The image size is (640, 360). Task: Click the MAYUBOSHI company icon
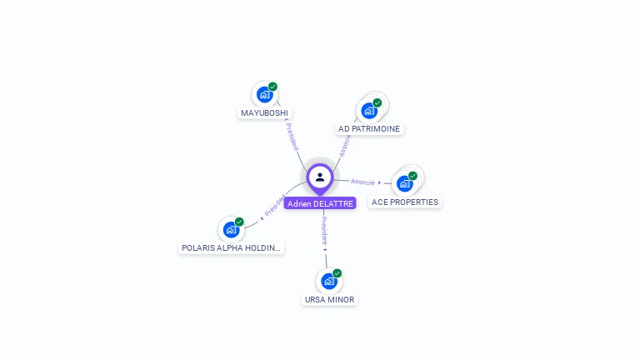(264, 94)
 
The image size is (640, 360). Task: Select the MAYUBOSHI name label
(266, 112)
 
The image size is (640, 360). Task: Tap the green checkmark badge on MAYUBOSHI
(272, 87)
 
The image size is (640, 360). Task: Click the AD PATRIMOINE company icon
(369, 110)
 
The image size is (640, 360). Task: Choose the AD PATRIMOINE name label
(369, 129)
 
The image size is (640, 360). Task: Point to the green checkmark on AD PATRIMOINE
(377, 102)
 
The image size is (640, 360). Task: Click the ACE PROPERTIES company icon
(405, 183)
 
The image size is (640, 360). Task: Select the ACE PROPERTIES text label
(405, 202)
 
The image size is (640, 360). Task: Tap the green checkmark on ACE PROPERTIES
(412, 176)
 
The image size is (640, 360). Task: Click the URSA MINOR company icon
(329, 281)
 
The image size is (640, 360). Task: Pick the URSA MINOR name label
(329, 299)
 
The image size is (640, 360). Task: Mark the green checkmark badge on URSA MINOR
(337, 273)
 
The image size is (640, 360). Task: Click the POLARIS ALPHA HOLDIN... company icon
(231, 229)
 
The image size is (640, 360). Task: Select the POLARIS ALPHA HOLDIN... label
(232, 247)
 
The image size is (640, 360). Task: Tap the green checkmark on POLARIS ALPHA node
(239, 222)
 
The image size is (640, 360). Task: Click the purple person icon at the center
(320, 177)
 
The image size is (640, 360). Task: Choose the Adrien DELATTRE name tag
(320, 203)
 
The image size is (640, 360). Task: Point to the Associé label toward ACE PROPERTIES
(362, 181)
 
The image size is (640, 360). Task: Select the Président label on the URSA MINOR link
(325, 231)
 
